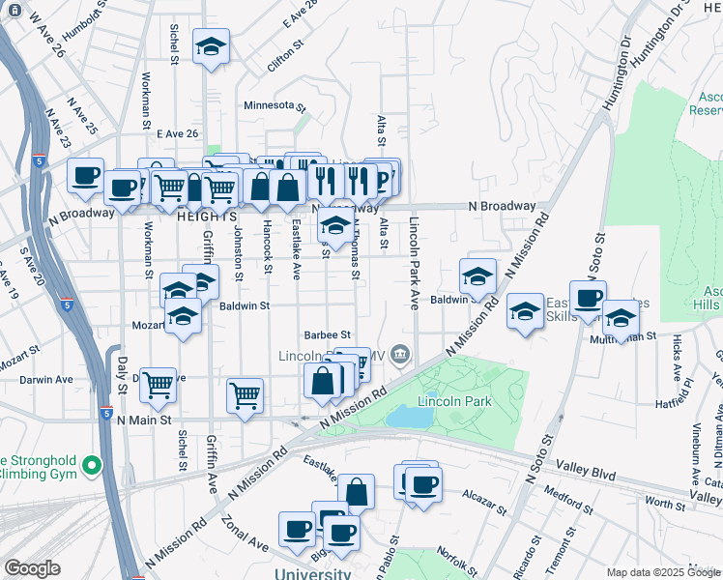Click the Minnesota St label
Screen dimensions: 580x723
coord(275,106)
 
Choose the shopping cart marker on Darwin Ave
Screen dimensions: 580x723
coord(158,385)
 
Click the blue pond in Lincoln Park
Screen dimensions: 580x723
coord(411,417)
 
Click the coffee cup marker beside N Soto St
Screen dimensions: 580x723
coord(587,298)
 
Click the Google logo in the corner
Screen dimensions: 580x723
coord(32,568)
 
